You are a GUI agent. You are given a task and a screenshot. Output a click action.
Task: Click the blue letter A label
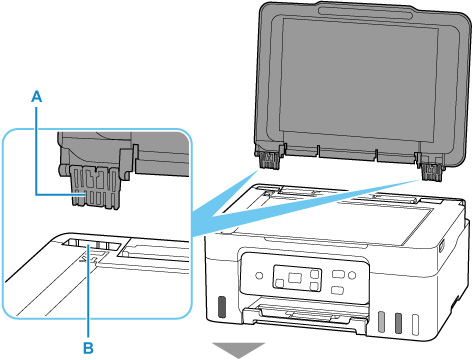coord(37,97)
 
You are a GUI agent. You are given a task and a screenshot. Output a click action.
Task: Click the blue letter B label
coord(88,348)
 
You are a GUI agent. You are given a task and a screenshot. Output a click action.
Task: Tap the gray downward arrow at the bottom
coord(239,350)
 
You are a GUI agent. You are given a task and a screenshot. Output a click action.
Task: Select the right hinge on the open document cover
coord(431,168)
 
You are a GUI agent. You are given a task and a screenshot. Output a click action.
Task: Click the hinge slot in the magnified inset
coord(91,245)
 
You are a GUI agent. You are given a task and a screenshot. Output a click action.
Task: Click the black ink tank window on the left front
coord(221,306)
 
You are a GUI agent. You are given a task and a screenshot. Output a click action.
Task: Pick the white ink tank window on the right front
coord(415,324)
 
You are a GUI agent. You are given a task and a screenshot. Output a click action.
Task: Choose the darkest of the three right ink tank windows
coord(398,323)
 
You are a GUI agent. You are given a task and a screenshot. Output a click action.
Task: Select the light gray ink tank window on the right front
coord(382,322)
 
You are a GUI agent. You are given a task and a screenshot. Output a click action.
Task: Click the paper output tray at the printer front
coord(306,317)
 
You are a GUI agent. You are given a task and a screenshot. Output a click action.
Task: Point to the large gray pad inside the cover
coord(359,79)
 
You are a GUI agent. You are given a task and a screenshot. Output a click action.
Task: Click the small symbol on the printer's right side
coord(442,247)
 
